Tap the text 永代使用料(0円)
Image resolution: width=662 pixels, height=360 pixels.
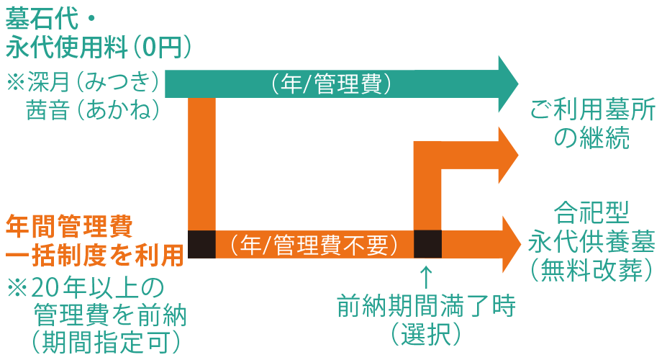pos(99,48)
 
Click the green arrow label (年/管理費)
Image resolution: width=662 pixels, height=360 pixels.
pos(332,84)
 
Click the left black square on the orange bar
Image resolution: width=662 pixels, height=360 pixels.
pos(201,244)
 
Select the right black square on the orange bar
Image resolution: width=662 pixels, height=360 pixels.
pos(427,244)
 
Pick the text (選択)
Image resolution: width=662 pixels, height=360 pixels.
pos(426,333)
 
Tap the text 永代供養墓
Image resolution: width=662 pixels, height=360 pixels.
pos(592,241)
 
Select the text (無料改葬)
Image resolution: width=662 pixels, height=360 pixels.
pos(592,269)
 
